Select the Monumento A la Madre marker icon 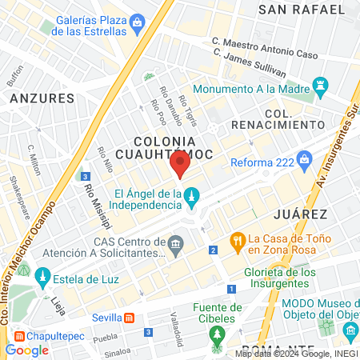point(322,84)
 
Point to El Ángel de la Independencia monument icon point(193,196)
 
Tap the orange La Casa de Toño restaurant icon point(238,239)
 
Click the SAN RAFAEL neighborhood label point(296,10)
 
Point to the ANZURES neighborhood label point(42,98)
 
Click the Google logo point(26,350)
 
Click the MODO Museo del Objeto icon point(326,326)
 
